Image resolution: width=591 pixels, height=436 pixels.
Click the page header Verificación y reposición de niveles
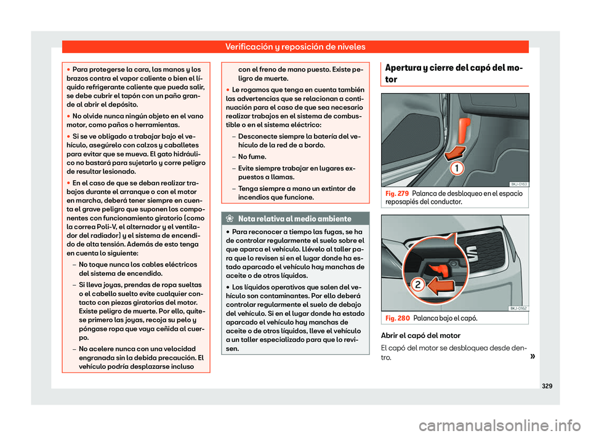click(x=295, y=46)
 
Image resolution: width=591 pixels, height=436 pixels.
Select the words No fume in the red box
click(x=252, y=157)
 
